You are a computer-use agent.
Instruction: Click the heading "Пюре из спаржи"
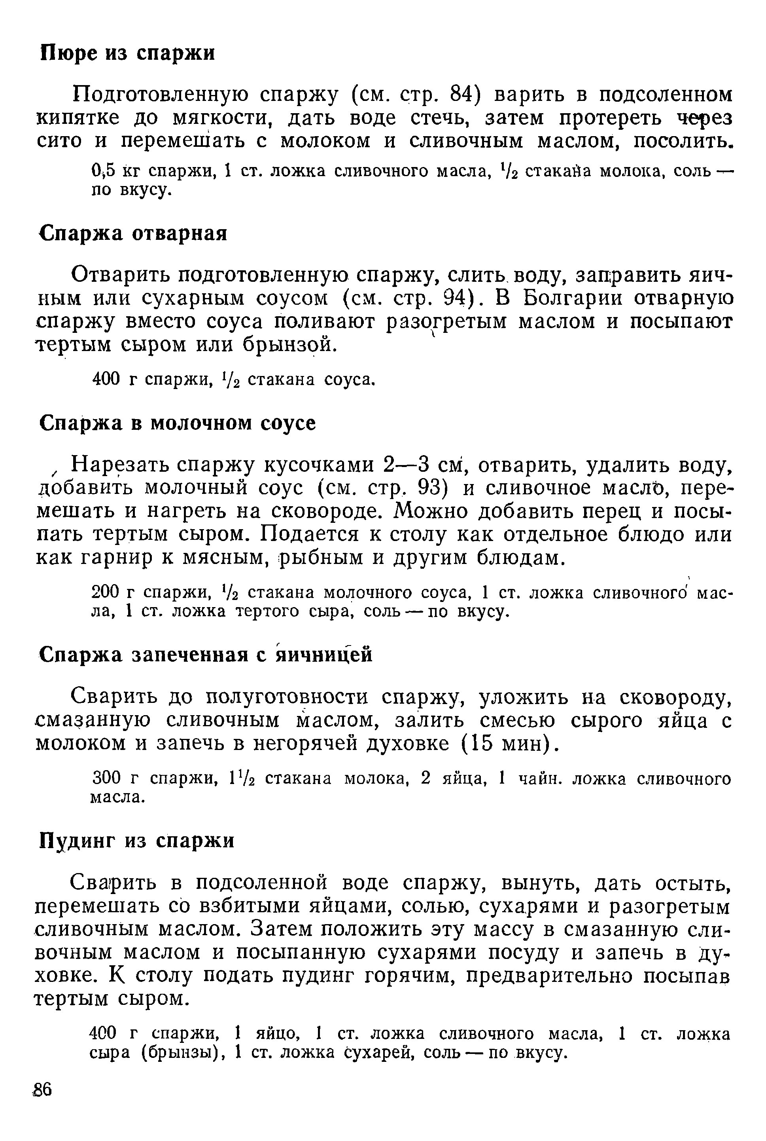(x=127, y=53)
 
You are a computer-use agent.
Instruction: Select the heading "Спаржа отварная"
(x=133, y=234)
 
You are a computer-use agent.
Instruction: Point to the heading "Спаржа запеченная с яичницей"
(x=205, y=655)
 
